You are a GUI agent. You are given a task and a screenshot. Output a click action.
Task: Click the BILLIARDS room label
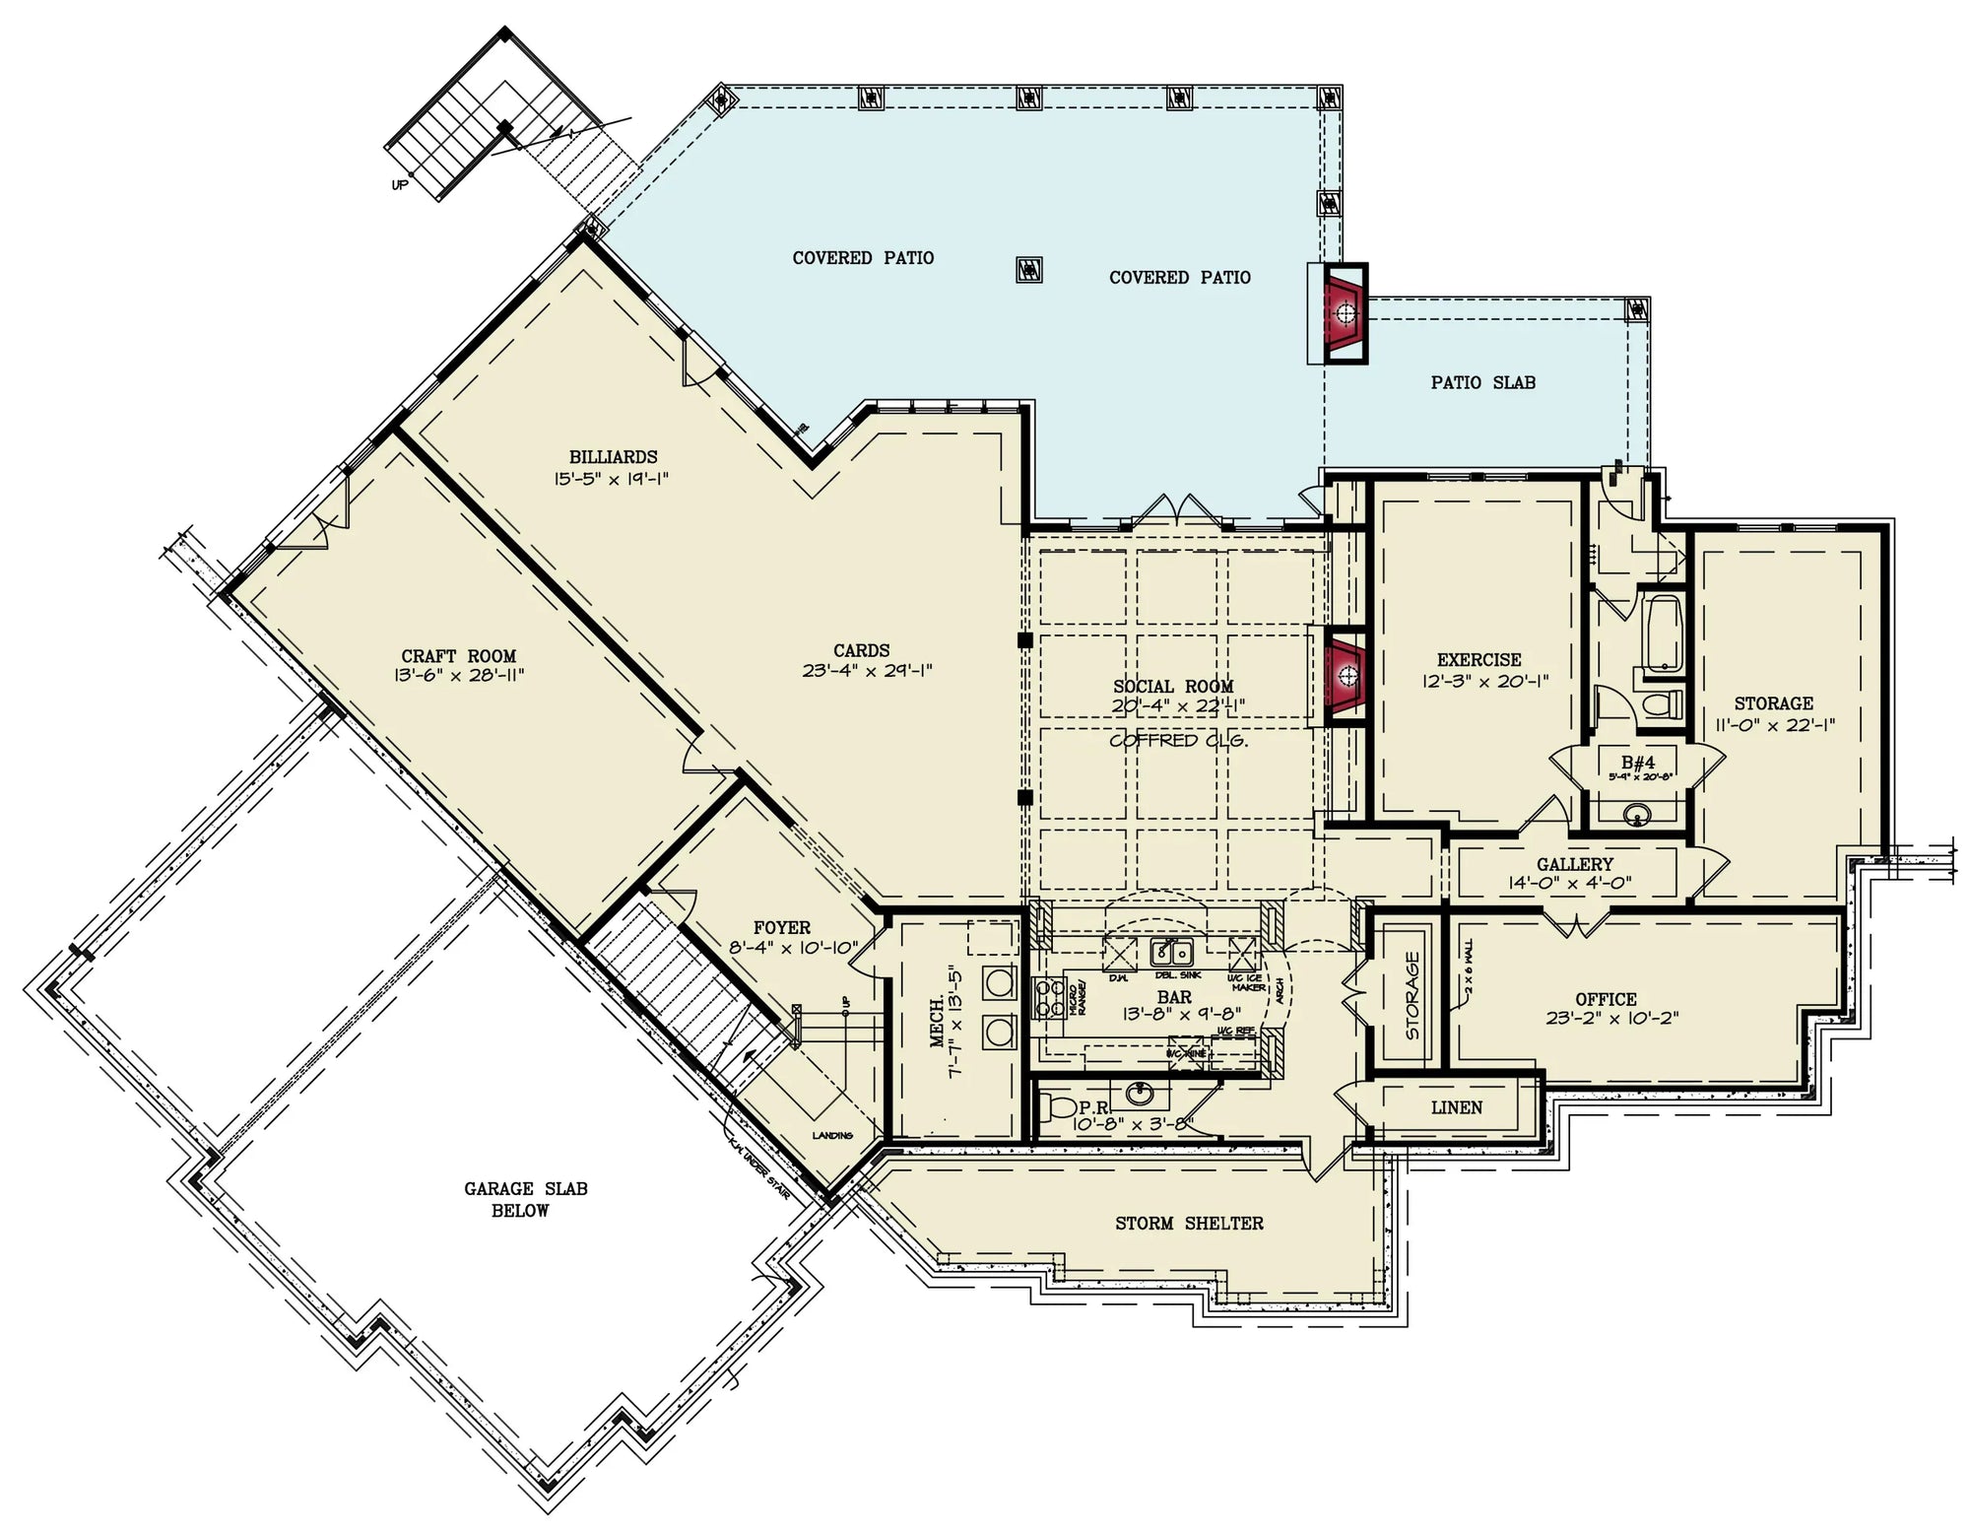[x=613, y=457]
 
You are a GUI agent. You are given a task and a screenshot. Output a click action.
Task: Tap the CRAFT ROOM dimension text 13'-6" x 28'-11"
[x=458, y=676]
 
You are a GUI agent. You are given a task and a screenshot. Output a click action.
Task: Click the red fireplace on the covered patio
[x=1345, y=313]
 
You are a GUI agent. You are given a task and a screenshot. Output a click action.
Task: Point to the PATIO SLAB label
[x=1482, y=382]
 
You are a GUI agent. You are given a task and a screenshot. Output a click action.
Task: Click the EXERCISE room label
[x=1478, y=660]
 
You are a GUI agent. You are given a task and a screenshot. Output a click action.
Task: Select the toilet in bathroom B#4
[x=1664, y=703]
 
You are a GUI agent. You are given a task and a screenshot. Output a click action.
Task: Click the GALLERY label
[x=1575, y=864]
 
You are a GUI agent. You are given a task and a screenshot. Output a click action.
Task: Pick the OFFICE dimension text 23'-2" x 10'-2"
[x=1611, y=1019]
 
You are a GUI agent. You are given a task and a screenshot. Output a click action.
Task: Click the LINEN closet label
[x=1456, y=1107]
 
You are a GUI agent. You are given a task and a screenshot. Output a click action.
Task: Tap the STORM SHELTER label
[x=1189, y=1223]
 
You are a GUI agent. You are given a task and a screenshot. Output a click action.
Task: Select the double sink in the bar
[x=1172, y=953]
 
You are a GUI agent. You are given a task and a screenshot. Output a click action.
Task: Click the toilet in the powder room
[x=1058, y=1105]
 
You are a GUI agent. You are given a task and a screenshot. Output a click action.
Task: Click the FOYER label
[x=781, y=928]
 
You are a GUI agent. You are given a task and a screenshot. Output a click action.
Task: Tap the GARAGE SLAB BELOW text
[x=525, y=1199]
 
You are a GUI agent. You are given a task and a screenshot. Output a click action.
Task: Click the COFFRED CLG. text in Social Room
[x=1178, y=740]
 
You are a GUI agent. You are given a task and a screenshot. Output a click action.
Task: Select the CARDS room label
[x=861, y=650]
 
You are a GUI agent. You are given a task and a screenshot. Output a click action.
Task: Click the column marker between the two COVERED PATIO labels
[x=1028, y=268]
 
